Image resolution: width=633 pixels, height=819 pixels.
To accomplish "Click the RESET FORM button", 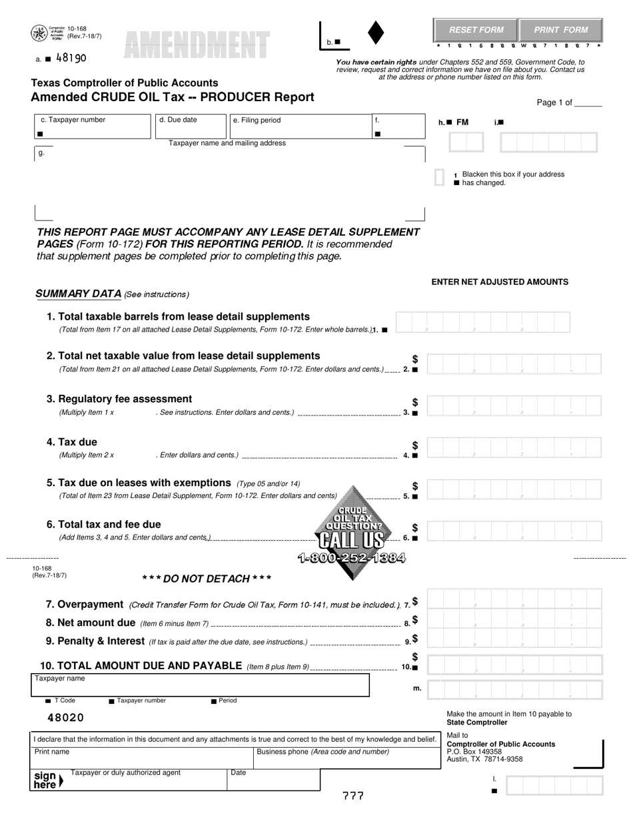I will point(476,30).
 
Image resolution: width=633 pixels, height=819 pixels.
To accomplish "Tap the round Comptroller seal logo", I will point(39,33).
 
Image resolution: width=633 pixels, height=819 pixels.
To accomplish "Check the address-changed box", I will point(439,178).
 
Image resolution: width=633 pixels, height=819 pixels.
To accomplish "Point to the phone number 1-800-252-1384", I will point(351,558).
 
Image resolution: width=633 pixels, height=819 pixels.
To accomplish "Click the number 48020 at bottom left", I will point(66,718).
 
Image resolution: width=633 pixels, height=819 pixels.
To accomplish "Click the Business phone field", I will point(346,757).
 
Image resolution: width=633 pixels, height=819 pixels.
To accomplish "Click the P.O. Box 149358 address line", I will point(474,752).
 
